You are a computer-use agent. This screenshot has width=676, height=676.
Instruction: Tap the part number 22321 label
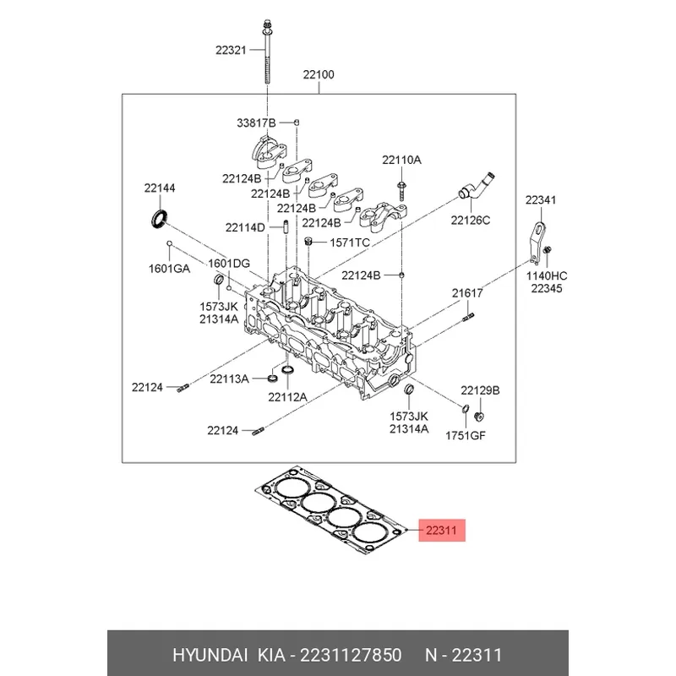(229, 51)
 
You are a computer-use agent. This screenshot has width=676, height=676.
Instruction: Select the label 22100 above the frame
(319, 75)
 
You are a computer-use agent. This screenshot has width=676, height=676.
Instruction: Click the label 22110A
(401, 160)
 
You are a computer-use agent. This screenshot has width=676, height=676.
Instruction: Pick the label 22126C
(470, 221)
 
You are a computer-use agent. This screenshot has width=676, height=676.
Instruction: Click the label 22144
(158, 188)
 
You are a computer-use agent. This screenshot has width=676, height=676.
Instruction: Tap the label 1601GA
(169, 269)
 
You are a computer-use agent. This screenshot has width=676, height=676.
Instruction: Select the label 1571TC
(350, 243)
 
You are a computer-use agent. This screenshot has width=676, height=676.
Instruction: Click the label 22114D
(245, 227)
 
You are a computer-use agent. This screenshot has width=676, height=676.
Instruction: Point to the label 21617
(466, 293)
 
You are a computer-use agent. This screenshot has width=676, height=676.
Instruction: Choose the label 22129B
(480, 390)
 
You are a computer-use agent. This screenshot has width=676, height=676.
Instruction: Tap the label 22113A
(229, 379)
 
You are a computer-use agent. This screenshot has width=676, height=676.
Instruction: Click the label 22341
(541, 200)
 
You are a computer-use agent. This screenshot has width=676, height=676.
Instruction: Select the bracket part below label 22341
(535, 241)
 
